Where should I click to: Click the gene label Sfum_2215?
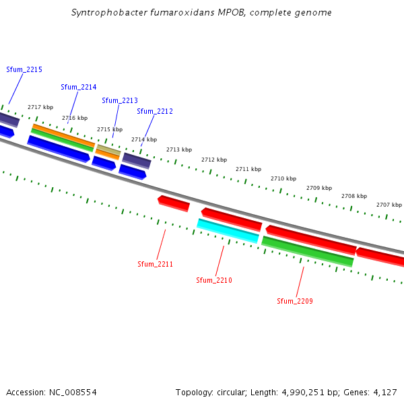[24, 70]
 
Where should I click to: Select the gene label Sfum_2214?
[79, 88]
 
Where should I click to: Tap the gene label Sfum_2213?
[120, 101]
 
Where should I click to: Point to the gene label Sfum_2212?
[155, 111]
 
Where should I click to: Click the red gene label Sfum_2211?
[155, 264]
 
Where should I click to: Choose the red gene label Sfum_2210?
[214, 280]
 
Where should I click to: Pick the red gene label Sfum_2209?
[295, 301]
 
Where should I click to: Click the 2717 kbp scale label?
[40, 107]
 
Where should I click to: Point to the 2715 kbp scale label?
[110, 129]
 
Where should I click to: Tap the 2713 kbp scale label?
[179, 149]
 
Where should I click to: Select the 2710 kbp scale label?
[283, 178]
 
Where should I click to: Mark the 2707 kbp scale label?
[389, 205]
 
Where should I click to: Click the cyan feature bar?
[228, 230]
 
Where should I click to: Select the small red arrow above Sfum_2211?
[174, 202]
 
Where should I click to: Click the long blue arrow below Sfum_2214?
[58, 148]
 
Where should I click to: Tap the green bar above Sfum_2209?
[308, 251]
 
